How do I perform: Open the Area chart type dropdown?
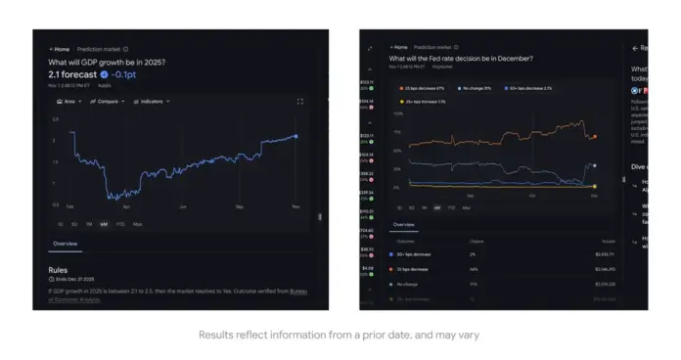[68, 101]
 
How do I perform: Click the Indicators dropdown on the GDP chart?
[151, 101]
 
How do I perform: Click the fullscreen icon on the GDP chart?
[299, 101]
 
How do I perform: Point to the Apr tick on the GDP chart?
[126, 207]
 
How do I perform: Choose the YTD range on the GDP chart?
[119, 224]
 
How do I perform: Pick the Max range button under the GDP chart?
[137, 224]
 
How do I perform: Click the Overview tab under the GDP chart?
[66, 243]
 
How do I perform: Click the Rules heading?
[58, 270]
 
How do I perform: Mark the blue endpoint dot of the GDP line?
[296, 136]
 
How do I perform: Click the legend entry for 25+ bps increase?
[425, 101]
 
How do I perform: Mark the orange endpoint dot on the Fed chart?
[595, 137]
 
